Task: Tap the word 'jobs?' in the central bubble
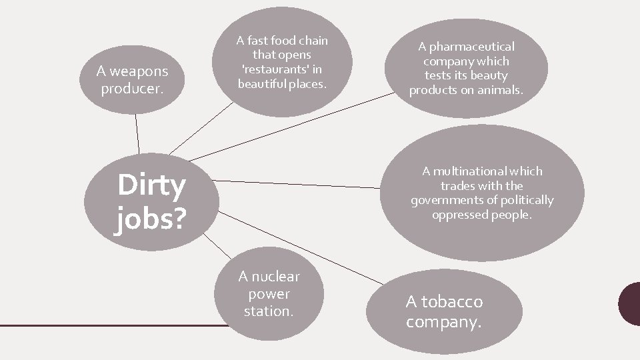pos(149,219)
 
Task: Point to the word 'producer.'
pos(131,88)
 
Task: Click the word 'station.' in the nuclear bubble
pos(268,311)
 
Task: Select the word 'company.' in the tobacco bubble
pos(443,323)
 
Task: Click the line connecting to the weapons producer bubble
pos(137,133)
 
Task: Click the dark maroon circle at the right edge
pos(630,303)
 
